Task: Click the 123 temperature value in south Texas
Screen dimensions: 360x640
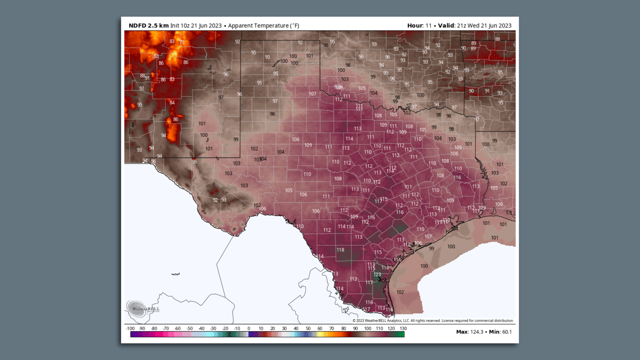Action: [x=377, y=274]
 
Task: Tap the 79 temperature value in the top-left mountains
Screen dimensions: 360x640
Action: [x=182, y=42]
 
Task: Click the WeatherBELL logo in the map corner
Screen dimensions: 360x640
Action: [x=143, y=308]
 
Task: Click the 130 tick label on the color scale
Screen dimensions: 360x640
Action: [x=403, y=328]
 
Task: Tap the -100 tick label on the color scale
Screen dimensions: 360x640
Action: [x=130, y=328]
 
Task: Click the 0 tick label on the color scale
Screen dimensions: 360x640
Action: [x=249, y=328]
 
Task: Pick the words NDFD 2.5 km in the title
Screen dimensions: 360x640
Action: [x=148, y=26]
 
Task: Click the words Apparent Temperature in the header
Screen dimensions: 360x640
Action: [x=258, y=26]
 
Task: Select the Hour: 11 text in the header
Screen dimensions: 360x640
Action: [x=419, y=26]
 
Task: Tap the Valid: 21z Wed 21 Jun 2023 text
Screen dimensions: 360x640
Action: [x=475, y=26]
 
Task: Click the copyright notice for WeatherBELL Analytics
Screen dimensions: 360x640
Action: [x=433, y=321]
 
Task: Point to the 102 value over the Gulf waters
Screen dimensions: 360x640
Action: [x=400, y=292]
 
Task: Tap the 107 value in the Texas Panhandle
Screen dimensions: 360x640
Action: [x=312, y=94]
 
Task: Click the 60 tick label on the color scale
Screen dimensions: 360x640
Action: [x=320, y=328]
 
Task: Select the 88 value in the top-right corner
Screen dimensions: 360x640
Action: [x=497, y=39]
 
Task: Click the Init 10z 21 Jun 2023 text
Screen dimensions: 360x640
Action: [x=196, y=26]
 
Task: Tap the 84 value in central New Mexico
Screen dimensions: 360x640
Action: [x=172, y=103]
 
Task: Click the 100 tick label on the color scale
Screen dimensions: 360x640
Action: [x=367, y=328]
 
